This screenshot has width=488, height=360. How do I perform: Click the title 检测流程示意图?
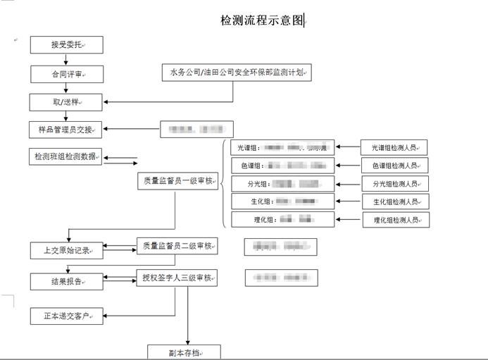[x=262, y=21]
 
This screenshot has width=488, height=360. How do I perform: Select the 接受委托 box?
[x=67, y=45]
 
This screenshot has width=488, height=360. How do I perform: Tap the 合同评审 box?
[x=67, y=73]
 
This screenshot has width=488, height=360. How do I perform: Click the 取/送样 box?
[x=67, y=102]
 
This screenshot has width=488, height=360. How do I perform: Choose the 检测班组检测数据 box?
[x=67, y=156]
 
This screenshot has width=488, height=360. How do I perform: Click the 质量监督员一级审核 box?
[x=177, y=181]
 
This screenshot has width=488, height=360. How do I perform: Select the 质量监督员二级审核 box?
[x=177, y=246]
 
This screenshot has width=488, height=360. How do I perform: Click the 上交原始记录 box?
[x=67, y=250]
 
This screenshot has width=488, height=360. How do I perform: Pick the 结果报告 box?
[x=67, y=281]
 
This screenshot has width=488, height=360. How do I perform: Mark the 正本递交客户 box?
[x=67, y=316]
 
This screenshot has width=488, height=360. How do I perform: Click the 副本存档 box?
[x=184, y=352]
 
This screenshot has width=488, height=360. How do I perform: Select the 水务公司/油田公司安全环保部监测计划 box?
[x=237, y=72]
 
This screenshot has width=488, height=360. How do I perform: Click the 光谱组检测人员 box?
[x=396, y=148]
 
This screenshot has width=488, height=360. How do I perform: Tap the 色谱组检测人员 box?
[x=396, y=166]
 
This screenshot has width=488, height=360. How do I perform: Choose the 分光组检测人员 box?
[x=396, y=184]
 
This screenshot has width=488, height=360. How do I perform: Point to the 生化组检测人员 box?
[x=396, y=202]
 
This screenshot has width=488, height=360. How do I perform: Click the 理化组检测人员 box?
[x=396, y=220]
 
